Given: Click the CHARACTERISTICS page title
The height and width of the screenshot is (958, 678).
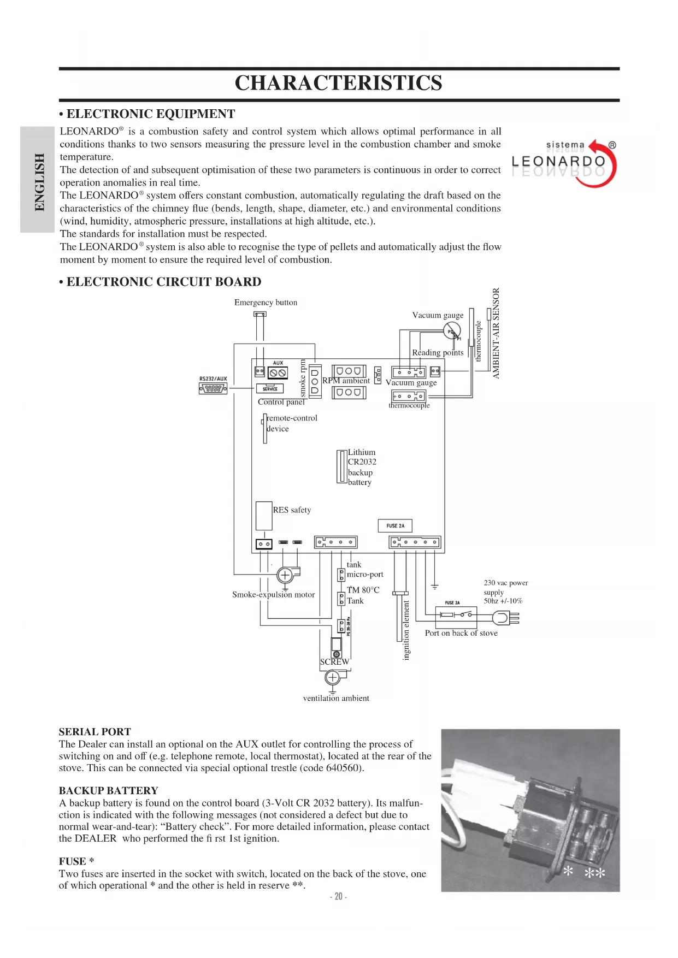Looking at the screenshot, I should tap(338, 83).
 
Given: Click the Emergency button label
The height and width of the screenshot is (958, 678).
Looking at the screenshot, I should tap(266, 303).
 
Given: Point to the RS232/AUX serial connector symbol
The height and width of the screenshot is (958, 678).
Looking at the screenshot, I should tap(213, 388).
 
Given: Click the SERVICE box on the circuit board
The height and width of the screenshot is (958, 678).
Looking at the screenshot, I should tap(270, 389).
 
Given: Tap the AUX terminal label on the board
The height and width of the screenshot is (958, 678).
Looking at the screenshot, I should tap(278, 363).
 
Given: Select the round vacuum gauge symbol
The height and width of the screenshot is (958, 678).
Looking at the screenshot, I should tap(452, 330).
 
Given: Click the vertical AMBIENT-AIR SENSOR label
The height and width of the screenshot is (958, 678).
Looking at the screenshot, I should tap(496, 333).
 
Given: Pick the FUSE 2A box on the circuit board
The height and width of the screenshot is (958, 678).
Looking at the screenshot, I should tap(395, 525).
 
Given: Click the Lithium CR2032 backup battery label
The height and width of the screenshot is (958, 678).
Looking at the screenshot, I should tap(361, 467).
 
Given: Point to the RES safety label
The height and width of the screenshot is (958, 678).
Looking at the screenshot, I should tap(292, 510).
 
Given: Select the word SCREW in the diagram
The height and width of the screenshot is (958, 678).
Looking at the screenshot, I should tap(334, 662).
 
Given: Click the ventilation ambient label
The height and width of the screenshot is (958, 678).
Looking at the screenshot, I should tap(336, 699).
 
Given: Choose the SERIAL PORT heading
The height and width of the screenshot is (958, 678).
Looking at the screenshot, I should tap(95, 732).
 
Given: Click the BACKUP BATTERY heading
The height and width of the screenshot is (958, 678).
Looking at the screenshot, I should tap(109, 791).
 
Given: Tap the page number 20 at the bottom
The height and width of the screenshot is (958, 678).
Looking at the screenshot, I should tap(339, 896).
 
